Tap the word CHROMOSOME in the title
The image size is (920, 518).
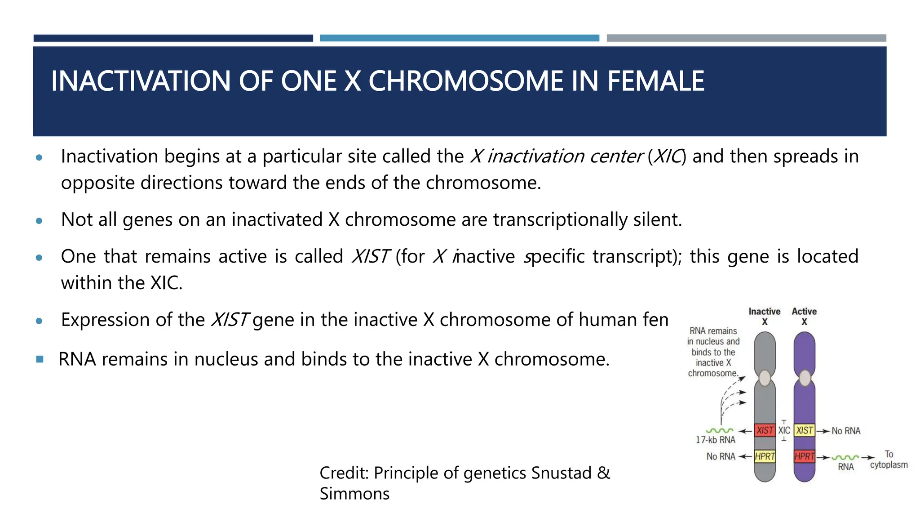click(465, 81)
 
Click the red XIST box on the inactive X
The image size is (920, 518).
click(765, 430)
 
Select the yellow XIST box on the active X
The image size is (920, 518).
click(804, 430)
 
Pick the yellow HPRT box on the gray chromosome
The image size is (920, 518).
click(765, 456)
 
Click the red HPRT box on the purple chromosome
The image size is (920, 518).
click(804, 456)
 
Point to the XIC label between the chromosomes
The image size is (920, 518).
click(784, 430)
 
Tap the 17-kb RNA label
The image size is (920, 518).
click(716, 440)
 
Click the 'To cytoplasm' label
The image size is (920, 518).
click(889, 460)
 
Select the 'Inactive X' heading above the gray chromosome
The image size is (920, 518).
click(764, 316)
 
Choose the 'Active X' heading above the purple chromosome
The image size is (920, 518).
click(804, 316)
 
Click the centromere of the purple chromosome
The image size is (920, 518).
click(805, 378)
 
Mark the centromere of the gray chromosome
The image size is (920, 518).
click(765, 378)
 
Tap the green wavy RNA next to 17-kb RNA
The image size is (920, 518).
click(719, 431)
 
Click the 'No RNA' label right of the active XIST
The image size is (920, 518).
click(846, 431)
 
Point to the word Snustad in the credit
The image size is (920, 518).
click(561, 473)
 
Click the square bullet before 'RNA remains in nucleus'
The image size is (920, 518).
click(40, 359)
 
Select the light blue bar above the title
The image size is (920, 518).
click(459, 38)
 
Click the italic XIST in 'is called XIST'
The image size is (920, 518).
click(370, 257)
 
